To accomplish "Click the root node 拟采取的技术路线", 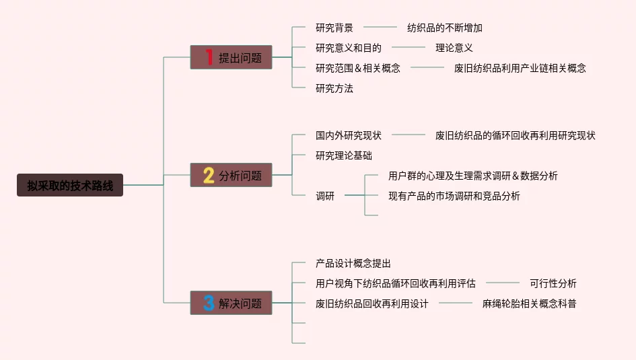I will (x=70, y=185).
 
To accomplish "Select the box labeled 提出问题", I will (x=231, y=58).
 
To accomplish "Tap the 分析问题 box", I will (x=231, y=176).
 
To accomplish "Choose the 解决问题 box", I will (x=231, y=303).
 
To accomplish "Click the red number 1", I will (x=209, y=58).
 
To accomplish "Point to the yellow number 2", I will (x=209, y=176).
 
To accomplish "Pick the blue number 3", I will (x=209, y=303).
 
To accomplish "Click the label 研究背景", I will (x=334, y=28).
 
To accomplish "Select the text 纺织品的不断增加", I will (x=445, y=28).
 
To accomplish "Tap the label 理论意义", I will (x=454, y=48).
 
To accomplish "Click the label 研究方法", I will (x=334, y=88).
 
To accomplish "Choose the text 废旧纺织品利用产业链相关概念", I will (x=520, y=68).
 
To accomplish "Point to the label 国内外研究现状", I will (x=349, y=135).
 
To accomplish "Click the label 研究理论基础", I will (x=344, y=155).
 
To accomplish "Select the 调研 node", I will (x=325, y=196).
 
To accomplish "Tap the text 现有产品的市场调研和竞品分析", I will (x=454, y=196).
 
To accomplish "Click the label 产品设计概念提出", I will (x=353, y=263).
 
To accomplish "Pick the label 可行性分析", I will (x=553, y=283).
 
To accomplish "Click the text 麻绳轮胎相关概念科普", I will (x=530, y=303).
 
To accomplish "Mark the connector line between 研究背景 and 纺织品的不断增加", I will (x=380, y=28).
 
